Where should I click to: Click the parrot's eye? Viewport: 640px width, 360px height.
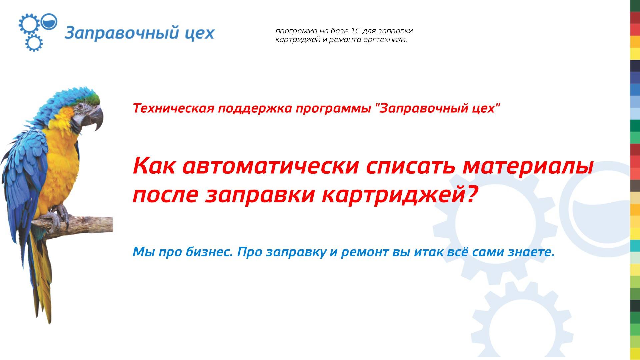[81, 106]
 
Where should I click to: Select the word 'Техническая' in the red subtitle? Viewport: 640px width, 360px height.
[173, 108]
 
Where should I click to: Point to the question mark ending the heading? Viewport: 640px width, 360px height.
[469, 195]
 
